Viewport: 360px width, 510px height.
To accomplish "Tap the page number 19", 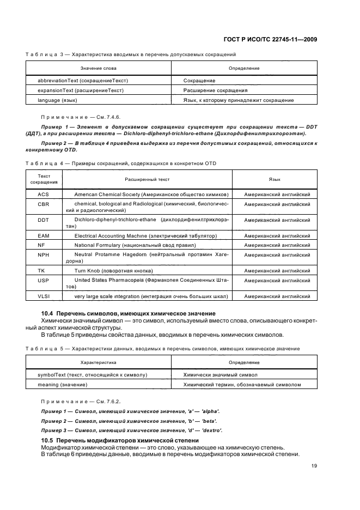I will click(314, 465).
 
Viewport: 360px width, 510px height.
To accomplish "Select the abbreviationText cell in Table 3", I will click(82, 80).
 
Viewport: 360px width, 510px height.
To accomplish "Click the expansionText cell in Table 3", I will click(80, 90).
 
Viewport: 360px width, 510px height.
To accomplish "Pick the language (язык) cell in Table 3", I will click(57, 100).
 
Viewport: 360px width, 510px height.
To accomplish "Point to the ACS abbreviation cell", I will click(44, 195).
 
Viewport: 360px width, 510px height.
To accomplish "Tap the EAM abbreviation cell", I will click(44, 236).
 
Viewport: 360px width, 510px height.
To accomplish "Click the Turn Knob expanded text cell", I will click(113, 270).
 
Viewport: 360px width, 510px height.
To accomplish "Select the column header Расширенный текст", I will click(147, 179).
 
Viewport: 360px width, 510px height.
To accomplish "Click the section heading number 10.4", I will click(47, 313).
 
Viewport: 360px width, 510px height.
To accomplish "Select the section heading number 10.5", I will click(47, 440).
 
